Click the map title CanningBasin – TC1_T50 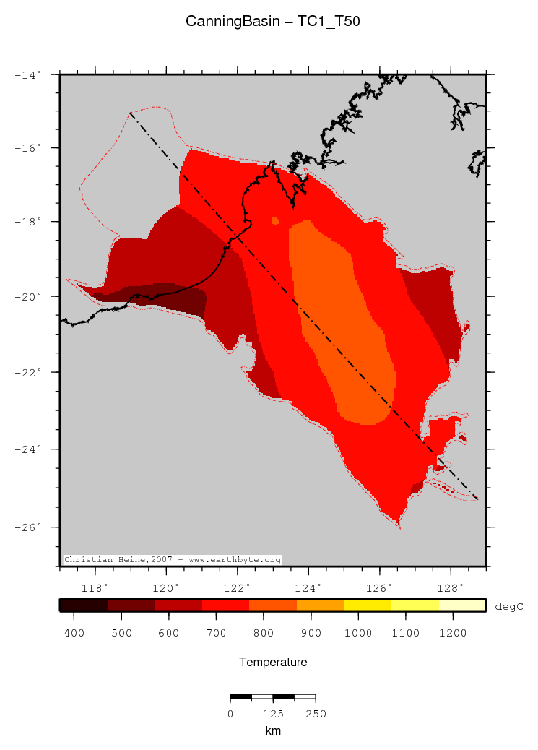click(272, 22)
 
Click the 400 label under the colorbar click(74, 633)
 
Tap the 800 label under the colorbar click(264, 633)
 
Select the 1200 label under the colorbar click(453, 633)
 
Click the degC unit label click(508, 607)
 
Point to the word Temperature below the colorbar click(272, 662)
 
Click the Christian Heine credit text click(172, 560)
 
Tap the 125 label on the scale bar click(273, 714)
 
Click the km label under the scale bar click(272, 731)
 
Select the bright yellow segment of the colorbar click(415, 605)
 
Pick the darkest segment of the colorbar click(83, 605)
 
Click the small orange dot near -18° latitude click(275, 221)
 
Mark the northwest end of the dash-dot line click(131, 113)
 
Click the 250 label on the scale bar click(316, 714)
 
